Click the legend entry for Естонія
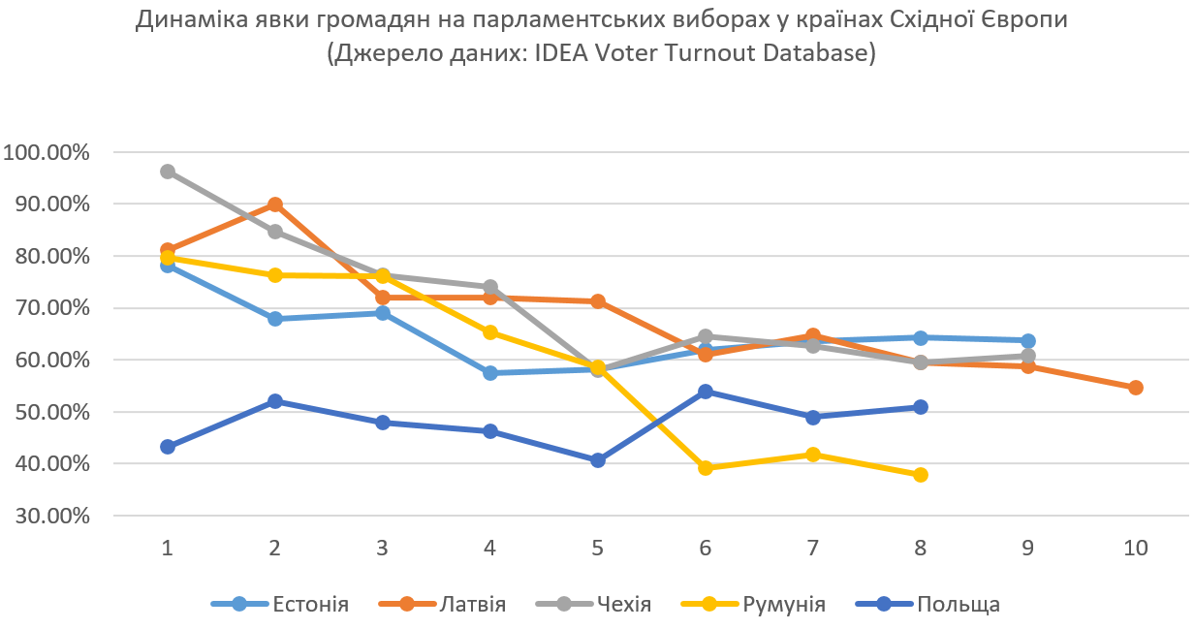(280, 605)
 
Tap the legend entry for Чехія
(593, 605)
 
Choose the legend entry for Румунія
(756, 605)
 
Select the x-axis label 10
(1135, 548)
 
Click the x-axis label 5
(597, 548)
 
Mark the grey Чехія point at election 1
(168, 172)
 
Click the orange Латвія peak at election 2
(275, 204)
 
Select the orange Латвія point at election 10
(1135, 388)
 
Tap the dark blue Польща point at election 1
(168, 447)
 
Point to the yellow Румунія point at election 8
(920, 475)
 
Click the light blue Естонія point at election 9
(1027, 341)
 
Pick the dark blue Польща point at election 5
(597, 460)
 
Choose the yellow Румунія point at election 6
(705, 468)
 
